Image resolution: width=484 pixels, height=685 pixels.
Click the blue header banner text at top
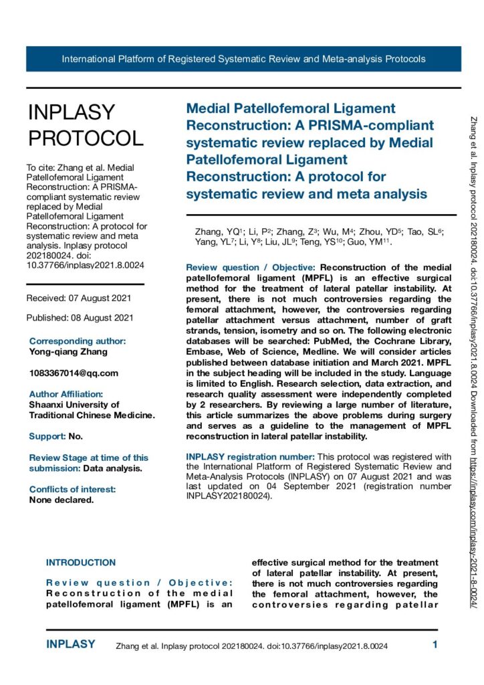[243, 59]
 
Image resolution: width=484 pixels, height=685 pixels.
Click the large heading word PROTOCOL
[86, 138]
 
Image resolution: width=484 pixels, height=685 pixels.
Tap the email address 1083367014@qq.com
[74, 373]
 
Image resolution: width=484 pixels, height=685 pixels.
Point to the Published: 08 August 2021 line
[80, 317]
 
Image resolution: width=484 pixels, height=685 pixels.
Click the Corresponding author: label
[78, 341]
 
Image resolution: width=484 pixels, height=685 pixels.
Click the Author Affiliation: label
[66, 394]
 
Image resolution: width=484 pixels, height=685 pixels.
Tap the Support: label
[47, 436]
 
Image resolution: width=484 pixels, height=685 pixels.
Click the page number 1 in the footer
[435, 646]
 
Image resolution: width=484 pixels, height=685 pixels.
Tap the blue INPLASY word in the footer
[70, 645]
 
